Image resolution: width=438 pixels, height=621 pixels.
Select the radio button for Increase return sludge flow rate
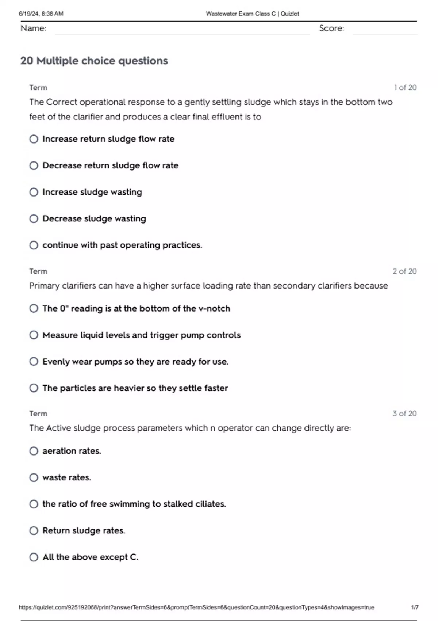34,139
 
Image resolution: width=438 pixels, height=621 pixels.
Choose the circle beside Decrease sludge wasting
34,219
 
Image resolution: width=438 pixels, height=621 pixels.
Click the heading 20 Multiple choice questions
94,61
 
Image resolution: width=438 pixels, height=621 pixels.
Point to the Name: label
33,28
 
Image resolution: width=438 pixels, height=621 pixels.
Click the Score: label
331,28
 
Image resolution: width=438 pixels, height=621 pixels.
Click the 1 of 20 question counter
405,88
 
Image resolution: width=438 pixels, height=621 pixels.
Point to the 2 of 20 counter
404,271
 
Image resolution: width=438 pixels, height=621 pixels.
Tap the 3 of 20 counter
404,414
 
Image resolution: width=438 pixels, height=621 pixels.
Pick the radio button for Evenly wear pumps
34,362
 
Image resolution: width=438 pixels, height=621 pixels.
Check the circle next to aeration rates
34,451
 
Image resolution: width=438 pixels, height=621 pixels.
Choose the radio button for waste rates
34,477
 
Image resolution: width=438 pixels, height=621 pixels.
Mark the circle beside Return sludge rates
34,530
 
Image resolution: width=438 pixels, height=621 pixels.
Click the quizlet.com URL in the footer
196,607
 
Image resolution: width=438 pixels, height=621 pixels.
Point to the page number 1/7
415,607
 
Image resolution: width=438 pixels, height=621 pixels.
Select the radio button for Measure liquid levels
34,335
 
